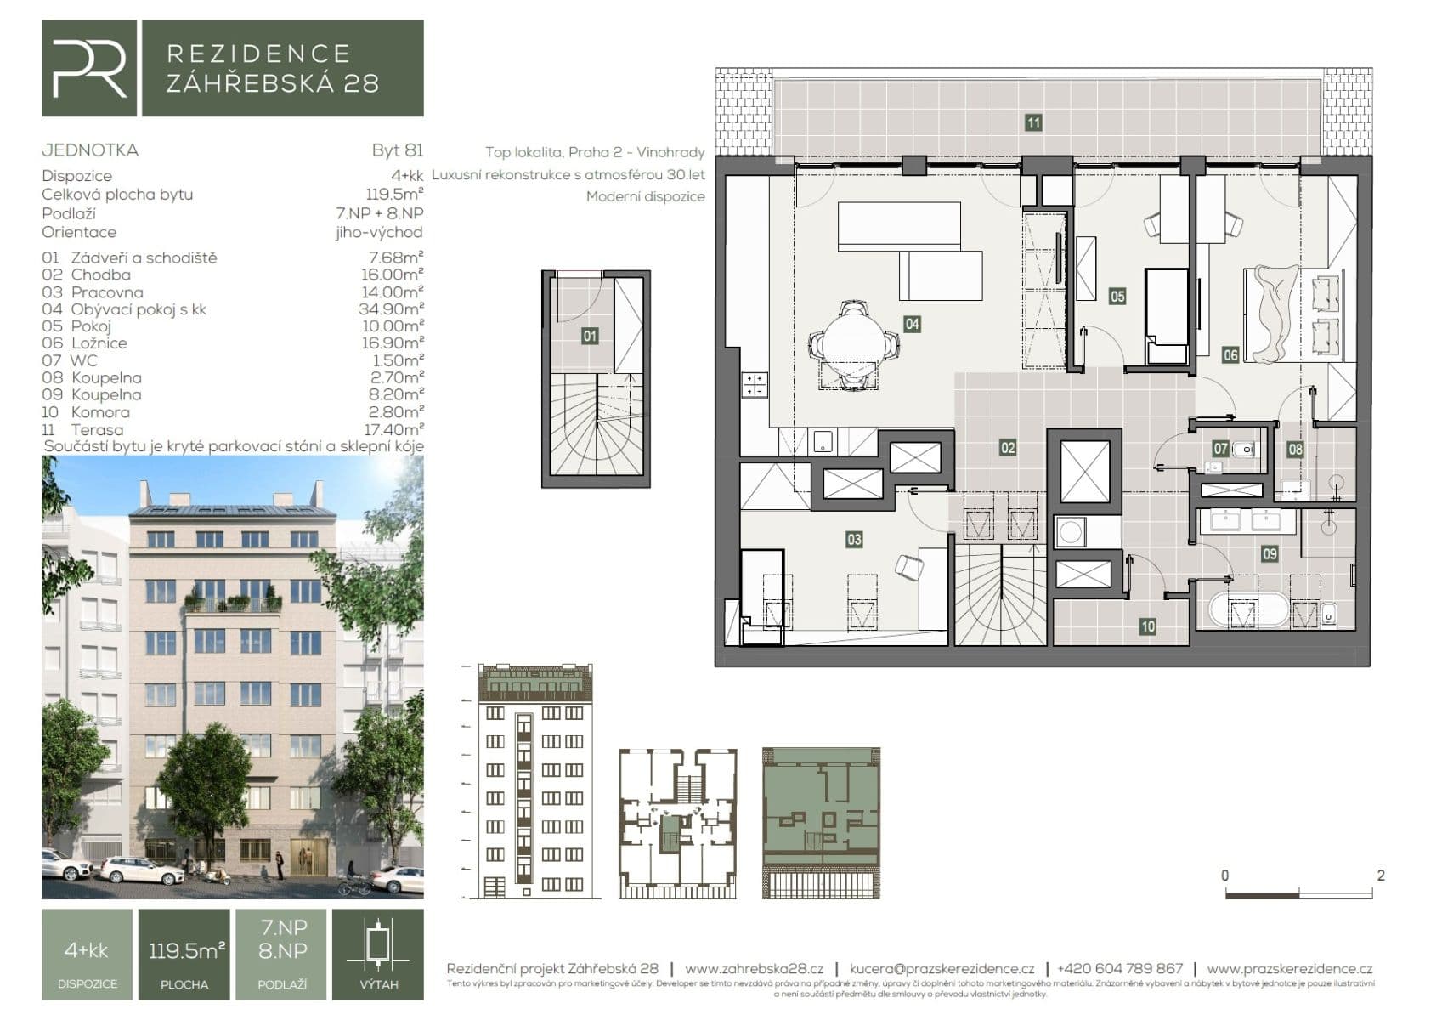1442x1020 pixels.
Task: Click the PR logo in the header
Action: tap(88, 69)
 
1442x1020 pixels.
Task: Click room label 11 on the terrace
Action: tap(1032, 123)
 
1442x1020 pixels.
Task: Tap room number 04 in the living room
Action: tap(911, 324)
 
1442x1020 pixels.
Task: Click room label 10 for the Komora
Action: tap(1147, 626)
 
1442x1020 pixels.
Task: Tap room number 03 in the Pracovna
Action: tap(853, 539)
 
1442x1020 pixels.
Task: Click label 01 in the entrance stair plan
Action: tap(589, 337)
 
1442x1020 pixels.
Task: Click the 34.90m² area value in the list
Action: tap(390, 309)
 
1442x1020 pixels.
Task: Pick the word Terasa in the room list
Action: tap(97, 429)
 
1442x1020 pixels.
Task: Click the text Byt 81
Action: tap(397, 150)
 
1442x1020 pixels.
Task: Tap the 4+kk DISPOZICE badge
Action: tap(87, 955)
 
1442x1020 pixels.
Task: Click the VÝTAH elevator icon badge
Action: tap(378, 955)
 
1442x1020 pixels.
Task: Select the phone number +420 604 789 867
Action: tap(1119, 969)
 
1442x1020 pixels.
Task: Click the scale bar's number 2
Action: tap(1380, 875)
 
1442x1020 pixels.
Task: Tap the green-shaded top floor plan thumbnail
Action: tap(821, 823)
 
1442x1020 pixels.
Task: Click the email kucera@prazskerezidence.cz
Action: tap(942, 969)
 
